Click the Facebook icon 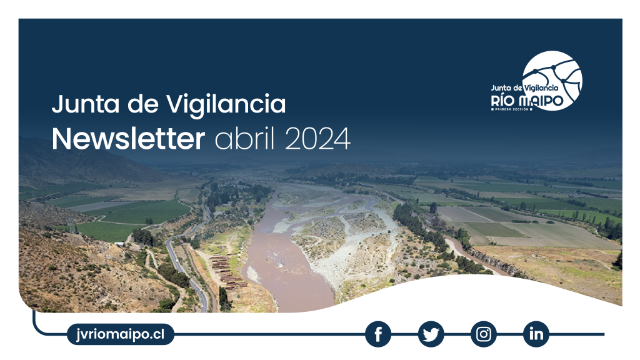pyautogui.click(x=378, y=334)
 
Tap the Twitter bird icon pyautogui.click(x=431, y=334)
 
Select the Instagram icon pyautogui.click(x=484, y=334)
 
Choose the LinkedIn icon pyautogui.click(x=536, y=334)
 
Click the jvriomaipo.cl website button pyautogui.click(x=121, y=334)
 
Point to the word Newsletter pyautogui.click(x=128, y=139)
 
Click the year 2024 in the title pyautogui.click(x=317, y=139)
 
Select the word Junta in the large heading pyautogui.click(x=86, y=104)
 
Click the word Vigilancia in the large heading pyautogui.click(x=226, y=104)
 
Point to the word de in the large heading pyautogui.click(x=143, y=104)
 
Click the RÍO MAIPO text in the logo pyautogui.click(x=527, y=101)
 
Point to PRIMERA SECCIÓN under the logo pyautogui.click(x=512, y=109)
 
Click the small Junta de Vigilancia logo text pyautogui.click(x=524, y=87)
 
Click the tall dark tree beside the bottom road pyautogui.click(x=223, y=298)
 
